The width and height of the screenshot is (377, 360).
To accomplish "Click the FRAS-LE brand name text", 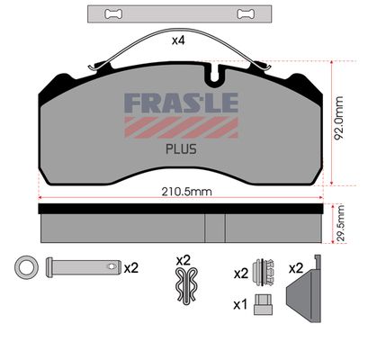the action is pos(181,103).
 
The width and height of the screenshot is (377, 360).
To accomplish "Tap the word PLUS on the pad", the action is pos(181,149).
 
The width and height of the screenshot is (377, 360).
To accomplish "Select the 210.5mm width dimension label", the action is pos(186,192).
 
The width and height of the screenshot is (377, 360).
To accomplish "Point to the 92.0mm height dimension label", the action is pos(339,118).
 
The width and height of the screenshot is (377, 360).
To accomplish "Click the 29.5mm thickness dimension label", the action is pos(341,223).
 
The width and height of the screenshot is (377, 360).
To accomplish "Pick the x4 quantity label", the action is pos(178,40).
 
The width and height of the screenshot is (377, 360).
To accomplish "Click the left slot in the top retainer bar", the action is pos(113,13).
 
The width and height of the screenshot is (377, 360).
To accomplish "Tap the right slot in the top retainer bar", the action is pos(247,13).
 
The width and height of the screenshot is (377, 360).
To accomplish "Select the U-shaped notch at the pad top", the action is pos(215,75).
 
